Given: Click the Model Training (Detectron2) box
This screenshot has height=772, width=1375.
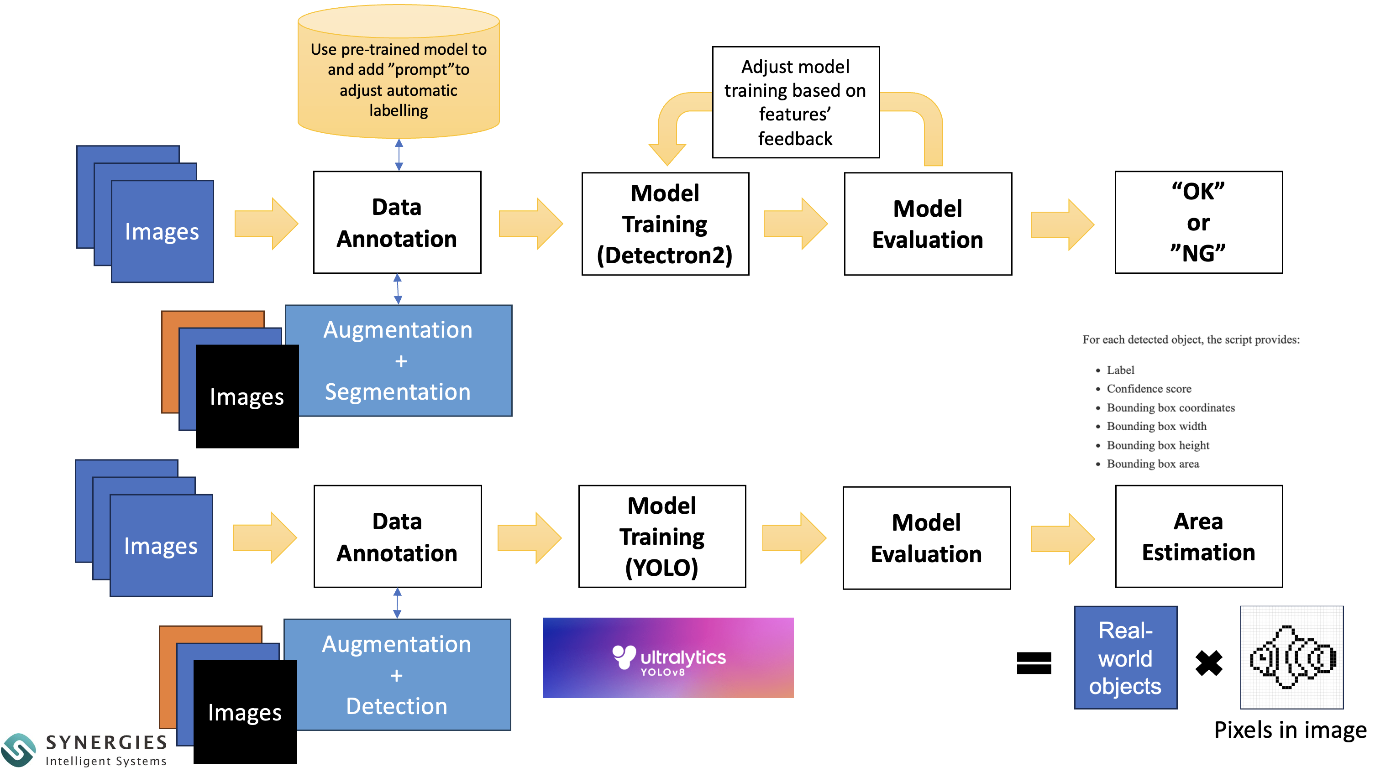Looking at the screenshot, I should [665, 224].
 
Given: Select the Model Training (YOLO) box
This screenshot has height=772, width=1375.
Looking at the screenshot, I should [662, 536].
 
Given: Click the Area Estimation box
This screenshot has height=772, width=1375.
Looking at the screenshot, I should [1198, 536].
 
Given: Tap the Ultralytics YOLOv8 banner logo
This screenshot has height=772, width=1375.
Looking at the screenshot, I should [668, 657].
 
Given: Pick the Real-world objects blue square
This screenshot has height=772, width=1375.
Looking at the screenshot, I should [1125, 657].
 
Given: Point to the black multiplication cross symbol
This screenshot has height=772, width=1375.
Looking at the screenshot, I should [1208, 663].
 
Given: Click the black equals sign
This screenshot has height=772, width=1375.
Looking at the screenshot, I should [1034, 663].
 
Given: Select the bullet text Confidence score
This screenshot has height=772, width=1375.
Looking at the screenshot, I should [1149, 388].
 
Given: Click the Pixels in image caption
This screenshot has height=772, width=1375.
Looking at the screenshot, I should [1290, 730].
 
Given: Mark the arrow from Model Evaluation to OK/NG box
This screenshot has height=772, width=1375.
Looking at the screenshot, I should [1062, 224].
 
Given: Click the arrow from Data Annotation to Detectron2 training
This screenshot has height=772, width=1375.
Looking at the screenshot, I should [530, 224].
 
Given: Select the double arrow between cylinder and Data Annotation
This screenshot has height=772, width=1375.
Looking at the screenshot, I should [399, 155].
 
